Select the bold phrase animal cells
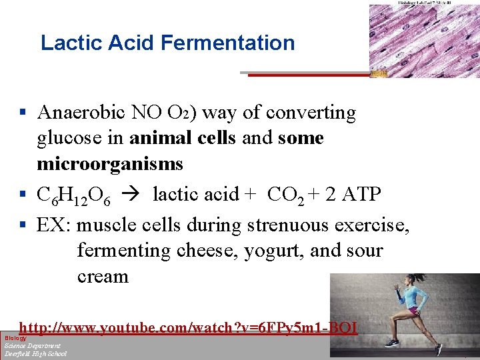[x=183, y=139]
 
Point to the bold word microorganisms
[x=109, y=164]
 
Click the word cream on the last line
[x=103, y=276]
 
